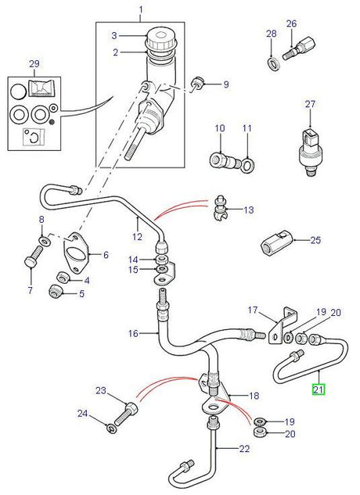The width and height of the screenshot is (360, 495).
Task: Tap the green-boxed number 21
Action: [x=318, y=388]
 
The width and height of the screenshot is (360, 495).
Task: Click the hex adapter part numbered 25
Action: [x=275, y=245]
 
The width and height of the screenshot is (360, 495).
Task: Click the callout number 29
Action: [x=33, y=62]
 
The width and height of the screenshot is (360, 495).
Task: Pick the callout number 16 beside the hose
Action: [x=134, y=333]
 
